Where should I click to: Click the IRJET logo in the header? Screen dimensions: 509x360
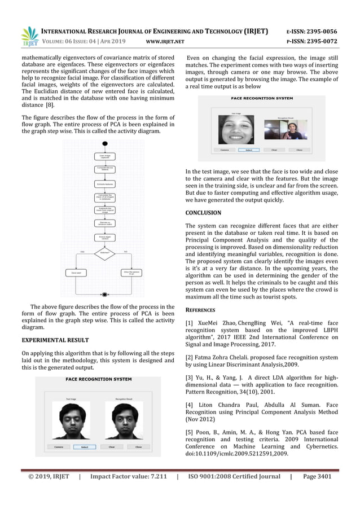point(29,36)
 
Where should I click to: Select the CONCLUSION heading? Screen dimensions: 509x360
point(203,213)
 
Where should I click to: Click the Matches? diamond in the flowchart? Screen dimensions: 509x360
point(104,252)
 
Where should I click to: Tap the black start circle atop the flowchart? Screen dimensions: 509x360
point(104,144)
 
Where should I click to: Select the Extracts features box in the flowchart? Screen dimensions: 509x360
point(104,184)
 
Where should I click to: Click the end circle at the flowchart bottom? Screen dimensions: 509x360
point(104,294)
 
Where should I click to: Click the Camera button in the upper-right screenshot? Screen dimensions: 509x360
point(224,150)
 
